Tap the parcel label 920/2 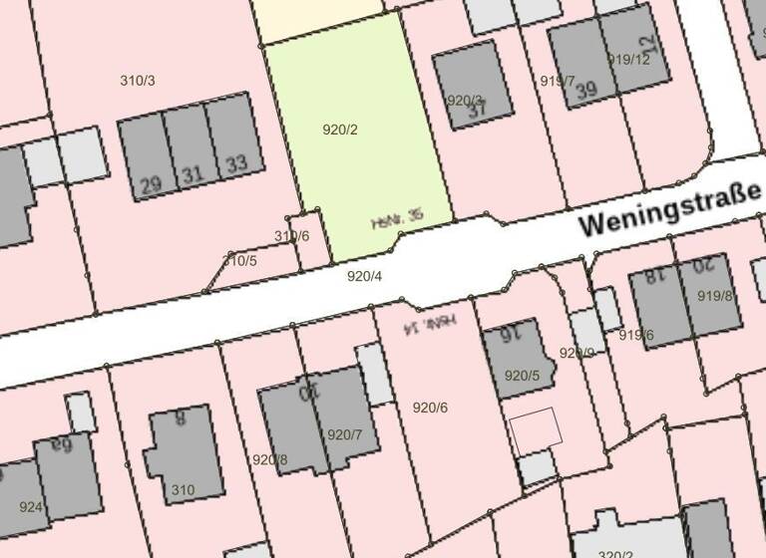[x=340, y=130]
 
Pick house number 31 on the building [x=192, y=175]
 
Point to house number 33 [x=236, y=163]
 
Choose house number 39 [x=586, y=90]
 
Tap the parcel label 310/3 [x=138, y=80]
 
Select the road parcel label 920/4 [x=364, y=276]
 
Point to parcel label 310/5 [x=239, y=261]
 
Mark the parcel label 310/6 [x=292, y=236]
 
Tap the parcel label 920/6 [x=430, y=407]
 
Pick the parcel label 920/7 [x=345, y=434]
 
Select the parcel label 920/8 [x=269, y=459]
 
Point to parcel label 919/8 [x=714, y=295]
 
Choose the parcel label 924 [x=31, y=506]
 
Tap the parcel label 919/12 [x=628, y=60]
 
